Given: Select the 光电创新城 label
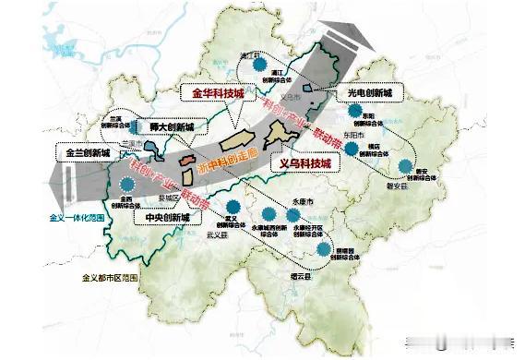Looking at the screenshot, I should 370,93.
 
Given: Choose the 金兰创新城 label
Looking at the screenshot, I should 88,151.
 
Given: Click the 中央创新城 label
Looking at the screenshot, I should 166,219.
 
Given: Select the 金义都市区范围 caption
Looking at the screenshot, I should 110,277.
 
